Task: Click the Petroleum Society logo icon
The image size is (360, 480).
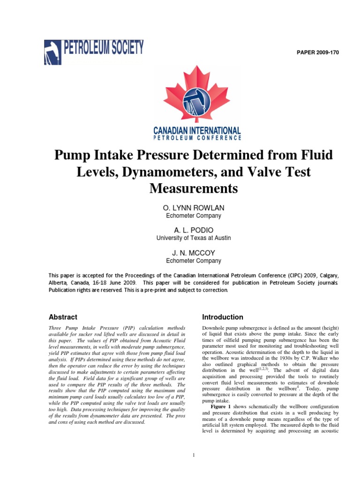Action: pos(53,52)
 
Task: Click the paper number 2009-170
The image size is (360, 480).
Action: pos(317,52)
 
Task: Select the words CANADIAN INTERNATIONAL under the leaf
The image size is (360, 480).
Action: pos(197,130)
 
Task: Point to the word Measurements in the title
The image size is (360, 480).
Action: pos(194,188)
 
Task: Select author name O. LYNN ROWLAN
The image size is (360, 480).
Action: pos(194,208)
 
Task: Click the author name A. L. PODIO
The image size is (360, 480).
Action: pos(194,230)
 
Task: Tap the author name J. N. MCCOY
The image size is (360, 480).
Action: pos(194,253)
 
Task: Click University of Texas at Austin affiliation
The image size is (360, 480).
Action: pos(194,238)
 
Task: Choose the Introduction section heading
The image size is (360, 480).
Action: pos(222,317)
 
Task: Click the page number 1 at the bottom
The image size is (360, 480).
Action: pos(194,455)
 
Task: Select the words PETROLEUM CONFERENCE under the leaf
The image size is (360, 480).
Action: pos(197,138)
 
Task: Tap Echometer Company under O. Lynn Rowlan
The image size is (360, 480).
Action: pos(194,216)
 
